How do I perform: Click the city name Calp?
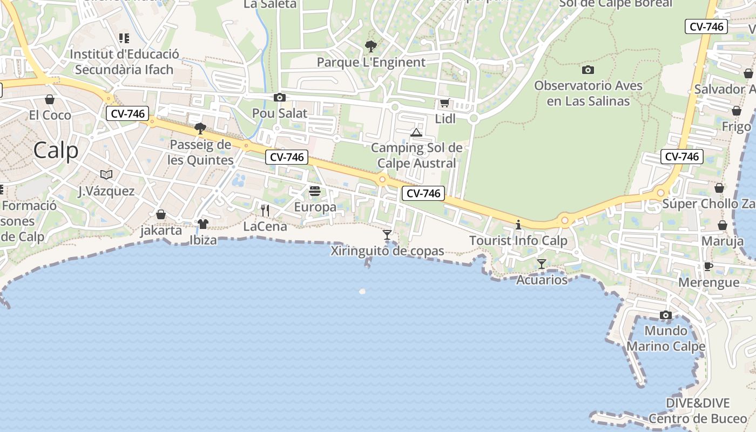[56, 150]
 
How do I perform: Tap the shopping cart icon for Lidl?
[444, 103]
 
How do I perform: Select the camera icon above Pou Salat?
[279, 97]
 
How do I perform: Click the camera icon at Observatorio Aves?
[588, 70]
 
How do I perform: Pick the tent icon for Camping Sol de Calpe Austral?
[416, 132]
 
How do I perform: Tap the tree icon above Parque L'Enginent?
[370, 46]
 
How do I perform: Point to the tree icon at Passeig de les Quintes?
[200, 128]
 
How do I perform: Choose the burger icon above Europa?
[315, 191]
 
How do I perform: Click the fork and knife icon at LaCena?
[265, 210]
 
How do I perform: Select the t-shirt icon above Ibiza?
[203, 224]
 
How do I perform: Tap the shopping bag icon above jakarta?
[160, 214]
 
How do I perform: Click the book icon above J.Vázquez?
[106, 174]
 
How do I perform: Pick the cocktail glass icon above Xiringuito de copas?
[387, 234]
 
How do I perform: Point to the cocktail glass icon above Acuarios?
[542, 264]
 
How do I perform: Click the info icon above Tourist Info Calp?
[518, 224]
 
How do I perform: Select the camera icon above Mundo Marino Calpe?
[666, 315]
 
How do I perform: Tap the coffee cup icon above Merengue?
[708, 266]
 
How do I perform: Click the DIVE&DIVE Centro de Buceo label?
[698, 410]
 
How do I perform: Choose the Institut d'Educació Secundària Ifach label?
[124, 62]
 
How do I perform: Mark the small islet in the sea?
[362, 292]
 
